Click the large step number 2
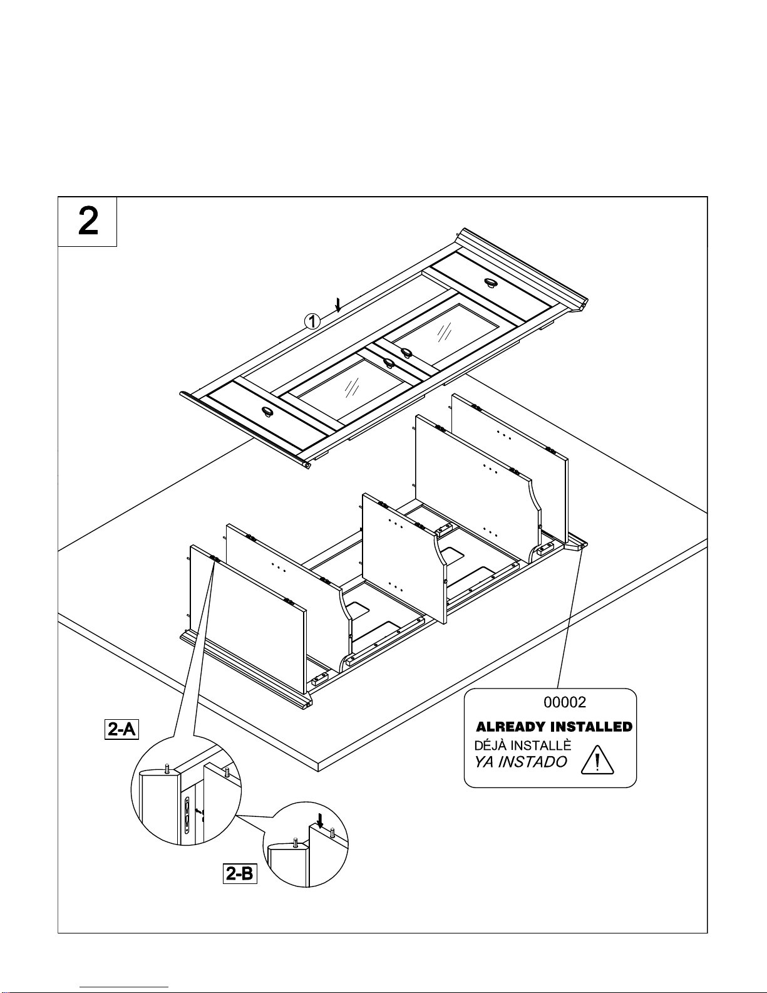click(88, 221)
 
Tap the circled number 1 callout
click(312, 321)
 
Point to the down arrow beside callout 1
click(338, 305)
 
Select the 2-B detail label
click(240, 873)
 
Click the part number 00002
click(565, 702)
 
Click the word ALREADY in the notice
click(511, 727)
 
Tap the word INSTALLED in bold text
click(592, 727)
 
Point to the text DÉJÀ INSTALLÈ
click(523, 745)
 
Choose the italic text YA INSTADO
click(520, 762)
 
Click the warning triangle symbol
click(597, 760)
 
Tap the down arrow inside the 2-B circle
click(320, 821)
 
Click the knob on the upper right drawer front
click(491, 283)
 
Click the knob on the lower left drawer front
click(269, 412)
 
